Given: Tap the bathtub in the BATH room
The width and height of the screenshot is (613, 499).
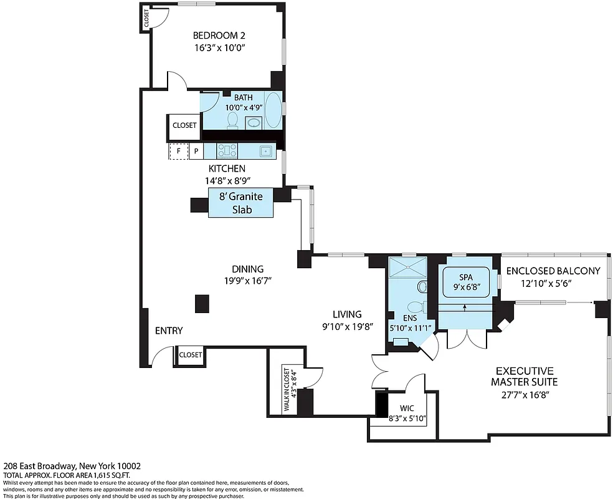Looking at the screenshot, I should (x=273, y=110).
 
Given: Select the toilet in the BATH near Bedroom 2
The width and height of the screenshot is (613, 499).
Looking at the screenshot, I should (x=233, y=119).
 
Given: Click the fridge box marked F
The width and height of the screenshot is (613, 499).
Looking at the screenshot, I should (x=179, y=151).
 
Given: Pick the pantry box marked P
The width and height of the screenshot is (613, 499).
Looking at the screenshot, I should (x=196, y=151).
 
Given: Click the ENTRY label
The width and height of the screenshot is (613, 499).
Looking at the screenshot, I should (x=169, y=331).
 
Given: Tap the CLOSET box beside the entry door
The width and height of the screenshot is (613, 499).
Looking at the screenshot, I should (x=191, y=354).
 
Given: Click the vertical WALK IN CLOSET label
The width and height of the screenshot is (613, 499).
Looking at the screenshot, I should (x=291, y=389).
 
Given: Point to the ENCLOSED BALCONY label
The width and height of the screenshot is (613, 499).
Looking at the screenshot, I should (x=553, y=271).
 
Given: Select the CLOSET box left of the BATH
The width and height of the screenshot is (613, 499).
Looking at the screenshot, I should (x=184, y=125).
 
